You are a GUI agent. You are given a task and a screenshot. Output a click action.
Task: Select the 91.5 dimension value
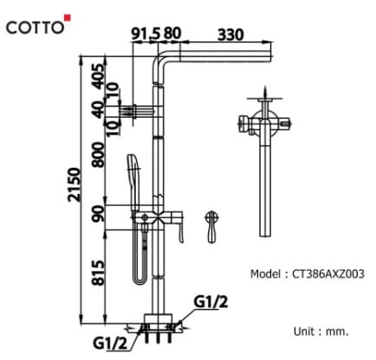146,34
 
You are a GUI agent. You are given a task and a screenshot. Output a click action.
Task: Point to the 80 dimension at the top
172,34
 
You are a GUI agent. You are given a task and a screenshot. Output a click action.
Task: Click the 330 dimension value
229,34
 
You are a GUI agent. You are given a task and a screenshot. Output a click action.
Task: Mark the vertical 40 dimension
98,111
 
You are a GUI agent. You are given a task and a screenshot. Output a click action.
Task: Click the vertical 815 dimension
98,273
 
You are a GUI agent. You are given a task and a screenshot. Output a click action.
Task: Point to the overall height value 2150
75,183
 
